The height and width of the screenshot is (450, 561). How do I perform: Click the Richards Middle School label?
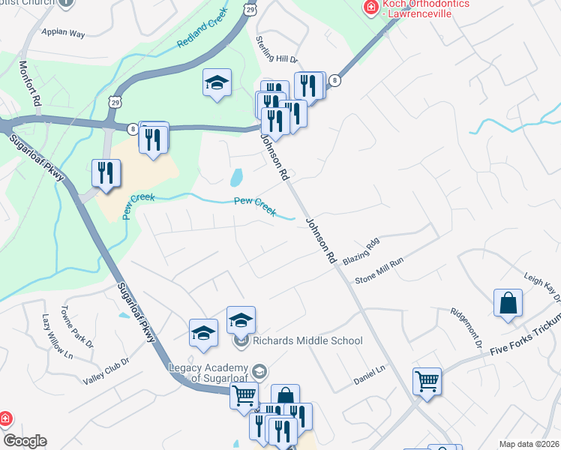click(x=307, y=340)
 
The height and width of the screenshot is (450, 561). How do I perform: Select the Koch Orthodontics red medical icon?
click(x=370, y=7)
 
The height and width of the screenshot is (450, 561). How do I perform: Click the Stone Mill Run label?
click(x=379, y=268)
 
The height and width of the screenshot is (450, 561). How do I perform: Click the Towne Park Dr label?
click(x=82, y=327)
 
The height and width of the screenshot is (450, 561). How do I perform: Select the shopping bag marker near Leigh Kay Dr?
click(x=508, y=304)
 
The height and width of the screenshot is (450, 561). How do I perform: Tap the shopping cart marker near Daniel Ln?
click(x=427, y=380)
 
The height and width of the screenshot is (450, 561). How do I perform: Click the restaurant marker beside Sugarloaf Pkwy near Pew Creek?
click(x=106, y=172)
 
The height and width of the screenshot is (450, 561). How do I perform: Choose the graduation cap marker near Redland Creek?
click(x=217, y=82)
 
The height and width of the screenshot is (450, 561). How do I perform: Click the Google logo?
click(x=25, y=441)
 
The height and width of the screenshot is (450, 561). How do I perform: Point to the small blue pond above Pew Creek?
click(x=237, y=178)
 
